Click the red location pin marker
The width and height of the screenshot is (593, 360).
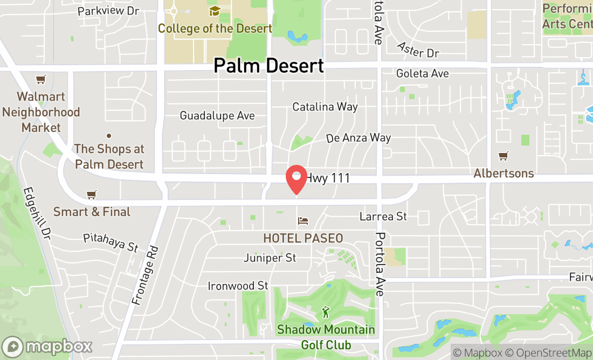[x=296, y=179]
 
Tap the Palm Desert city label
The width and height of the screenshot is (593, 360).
[x=268, y=66]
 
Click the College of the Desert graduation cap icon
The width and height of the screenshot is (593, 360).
[x=215, y=11]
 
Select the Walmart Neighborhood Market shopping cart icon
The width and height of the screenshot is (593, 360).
[x=40, y=80]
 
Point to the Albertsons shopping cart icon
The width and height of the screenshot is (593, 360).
[x=504, y=156]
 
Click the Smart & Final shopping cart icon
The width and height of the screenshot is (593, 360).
[x=92, y=195]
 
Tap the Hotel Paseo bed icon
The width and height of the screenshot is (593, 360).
[x=303, y=221]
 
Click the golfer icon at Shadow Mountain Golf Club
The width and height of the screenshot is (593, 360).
[x=325, y=312]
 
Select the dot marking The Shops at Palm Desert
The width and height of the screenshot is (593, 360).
[x=108, y=135]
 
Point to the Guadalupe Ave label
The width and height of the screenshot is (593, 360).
[x=217, y=116]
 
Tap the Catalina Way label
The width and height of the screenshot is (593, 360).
[x=325, y=107]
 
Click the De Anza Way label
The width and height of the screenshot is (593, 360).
[x=358, y=138]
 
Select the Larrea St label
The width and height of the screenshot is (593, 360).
[x=383, y=216]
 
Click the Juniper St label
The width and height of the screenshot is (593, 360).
[x=270, y=258]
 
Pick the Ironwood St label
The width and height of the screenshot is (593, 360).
[x=238, y=286]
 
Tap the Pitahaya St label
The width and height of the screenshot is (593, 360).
[x=111, y=243]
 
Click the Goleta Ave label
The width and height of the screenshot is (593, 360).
[x=422, y=73]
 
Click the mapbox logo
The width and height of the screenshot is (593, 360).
[x=47, y=346]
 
